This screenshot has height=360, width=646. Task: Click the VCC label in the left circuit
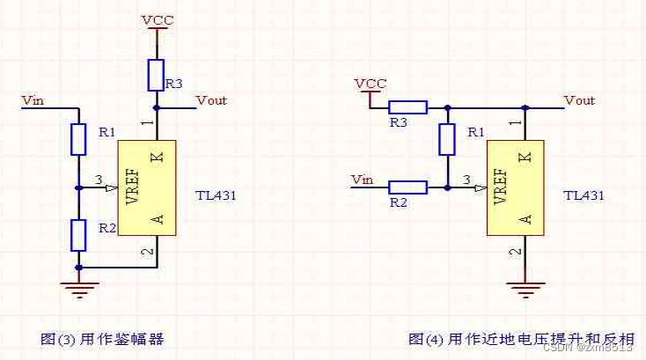point(158,18)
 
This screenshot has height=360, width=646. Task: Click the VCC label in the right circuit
point(371,84)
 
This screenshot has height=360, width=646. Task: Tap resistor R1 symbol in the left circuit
point(78,138)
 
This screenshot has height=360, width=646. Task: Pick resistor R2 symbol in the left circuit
point(78,235)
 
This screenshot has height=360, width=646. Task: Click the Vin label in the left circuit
point(33,100)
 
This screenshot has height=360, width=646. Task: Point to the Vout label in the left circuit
point(211,100)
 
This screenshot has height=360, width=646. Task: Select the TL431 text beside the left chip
point(217,195)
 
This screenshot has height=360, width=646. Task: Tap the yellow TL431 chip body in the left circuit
point(147,187)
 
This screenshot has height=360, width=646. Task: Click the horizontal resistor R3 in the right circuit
point(407,107)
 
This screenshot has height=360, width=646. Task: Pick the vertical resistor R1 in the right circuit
point(447,138)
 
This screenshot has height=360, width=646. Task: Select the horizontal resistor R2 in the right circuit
point(407,187)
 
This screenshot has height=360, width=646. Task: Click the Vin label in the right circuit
point(363,180)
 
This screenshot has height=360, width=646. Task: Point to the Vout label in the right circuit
point(579,100)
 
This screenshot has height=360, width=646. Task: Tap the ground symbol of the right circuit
point(526,286)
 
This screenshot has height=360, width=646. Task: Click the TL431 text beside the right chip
point(584,195)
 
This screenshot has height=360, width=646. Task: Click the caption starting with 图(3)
point(103,338)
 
